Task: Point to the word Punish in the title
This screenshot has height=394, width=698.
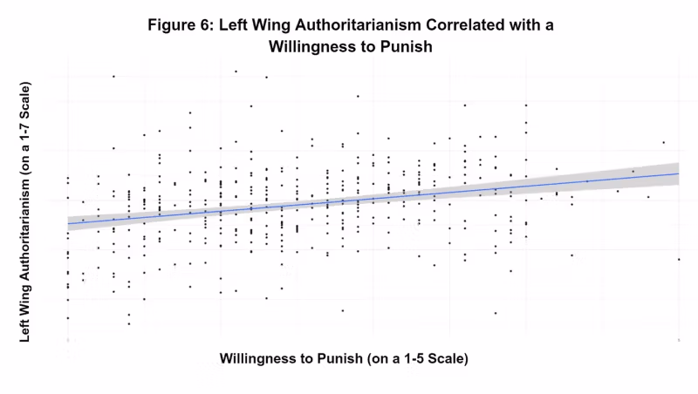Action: [407, 46]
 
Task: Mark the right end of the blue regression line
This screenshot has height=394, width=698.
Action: [679, 173]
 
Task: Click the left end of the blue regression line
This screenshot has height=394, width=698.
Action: [67, 224]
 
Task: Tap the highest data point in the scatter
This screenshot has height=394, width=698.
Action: [236, 71]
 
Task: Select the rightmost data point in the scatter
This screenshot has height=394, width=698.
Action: [679, 259]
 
